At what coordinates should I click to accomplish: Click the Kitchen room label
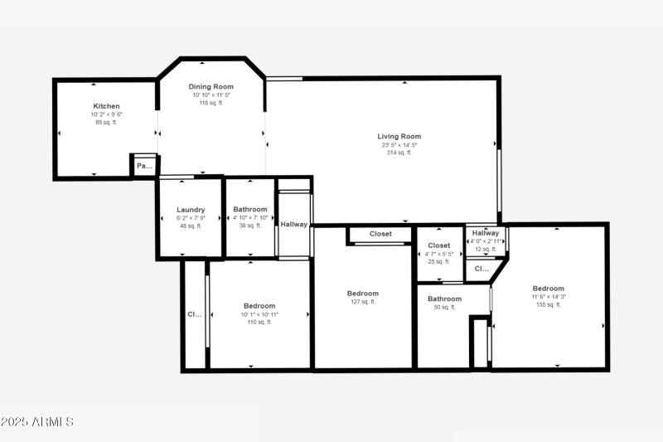click(106, 106)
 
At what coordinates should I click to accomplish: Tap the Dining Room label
click(211, 86)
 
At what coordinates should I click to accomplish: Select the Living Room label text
click(399, 136)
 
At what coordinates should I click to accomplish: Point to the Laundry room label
click(191, 210)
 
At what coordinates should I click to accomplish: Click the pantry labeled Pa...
click(144, 166)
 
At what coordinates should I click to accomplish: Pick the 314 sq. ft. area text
click(399, 153)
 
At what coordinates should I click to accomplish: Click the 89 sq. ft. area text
click(106, 122)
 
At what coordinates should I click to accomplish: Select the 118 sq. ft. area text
click(211, 103)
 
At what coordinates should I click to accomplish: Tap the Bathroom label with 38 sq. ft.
click(249, 210)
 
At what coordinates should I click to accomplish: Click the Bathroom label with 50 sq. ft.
click(444, 299)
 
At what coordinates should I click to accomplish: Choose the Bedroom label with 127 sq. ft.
click(362, 294)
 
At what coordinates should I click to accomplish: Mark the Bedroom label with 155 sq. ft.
click(548, 289)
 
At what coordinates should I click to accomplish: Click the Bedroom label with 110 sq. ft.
click(259, 306)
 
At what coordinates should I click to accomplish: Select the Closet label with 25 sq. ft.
click(438, 245)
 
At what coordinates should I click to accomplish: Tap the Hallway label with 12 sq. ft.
click(486, 233)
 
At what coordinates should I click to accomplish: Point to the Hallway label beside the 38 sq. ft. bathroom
click(293, 224)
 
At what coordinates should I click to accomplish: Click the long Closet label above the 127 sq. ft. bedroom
click(380, 234)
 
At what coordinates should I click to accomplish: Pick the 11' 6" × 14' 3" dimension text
click(548, 297)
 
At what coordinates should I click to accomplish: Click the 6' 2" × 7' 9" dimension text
click(191, 218)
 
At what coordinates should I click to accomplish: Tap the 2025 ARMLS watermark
click(37, 422)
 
